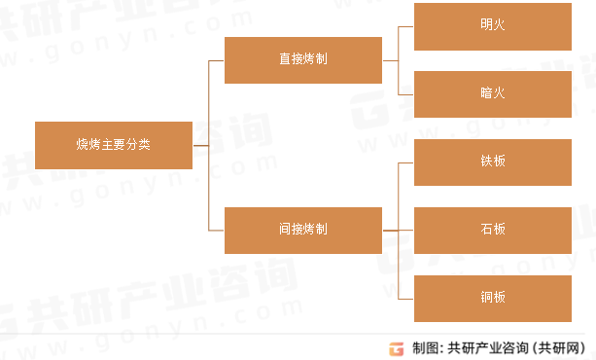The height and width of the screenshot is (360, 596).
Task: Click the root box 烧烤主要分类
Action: pos(114,145)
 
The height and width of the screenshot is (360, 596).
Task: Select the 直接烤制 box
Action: pos(302,60)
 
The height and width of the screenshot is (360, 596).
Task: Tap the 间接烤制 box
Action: pos(302,231)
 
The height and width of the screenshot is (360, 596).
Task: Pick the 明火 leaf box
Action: pos(492,26)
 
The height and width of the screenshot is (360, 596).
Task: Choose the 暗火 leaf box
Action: pos(492,94)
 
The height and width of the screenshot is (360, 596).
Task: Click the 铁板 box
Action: pos(492,162)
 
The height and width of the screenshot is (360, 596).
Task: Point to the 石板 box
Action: pos(492,231)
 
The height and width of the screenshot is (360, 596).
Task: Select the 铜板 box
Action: pos(492,298)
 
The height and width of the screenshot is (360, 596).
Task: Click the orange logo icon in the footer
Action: pos(396,347)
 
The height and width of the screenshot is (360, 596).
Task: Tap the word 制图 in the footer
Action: pos(425,347)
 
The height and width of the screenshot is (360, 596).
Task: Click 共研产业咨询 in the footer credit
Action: pos(488,347)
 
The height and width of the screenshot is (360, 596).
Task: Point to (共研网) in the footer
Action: pos(563,347)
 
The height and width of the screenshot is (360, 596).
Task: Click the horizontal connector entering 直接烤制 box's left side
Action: pos(217,60)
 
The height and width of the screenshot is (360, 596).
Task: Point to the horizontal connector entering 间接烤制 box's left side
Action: pos(217,231)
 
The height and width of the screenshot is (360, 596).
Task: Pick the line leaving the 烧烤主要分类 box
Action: pos(200,145)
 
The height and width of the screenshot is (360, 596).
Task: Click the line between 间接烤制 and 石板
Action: pos(398,231)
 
